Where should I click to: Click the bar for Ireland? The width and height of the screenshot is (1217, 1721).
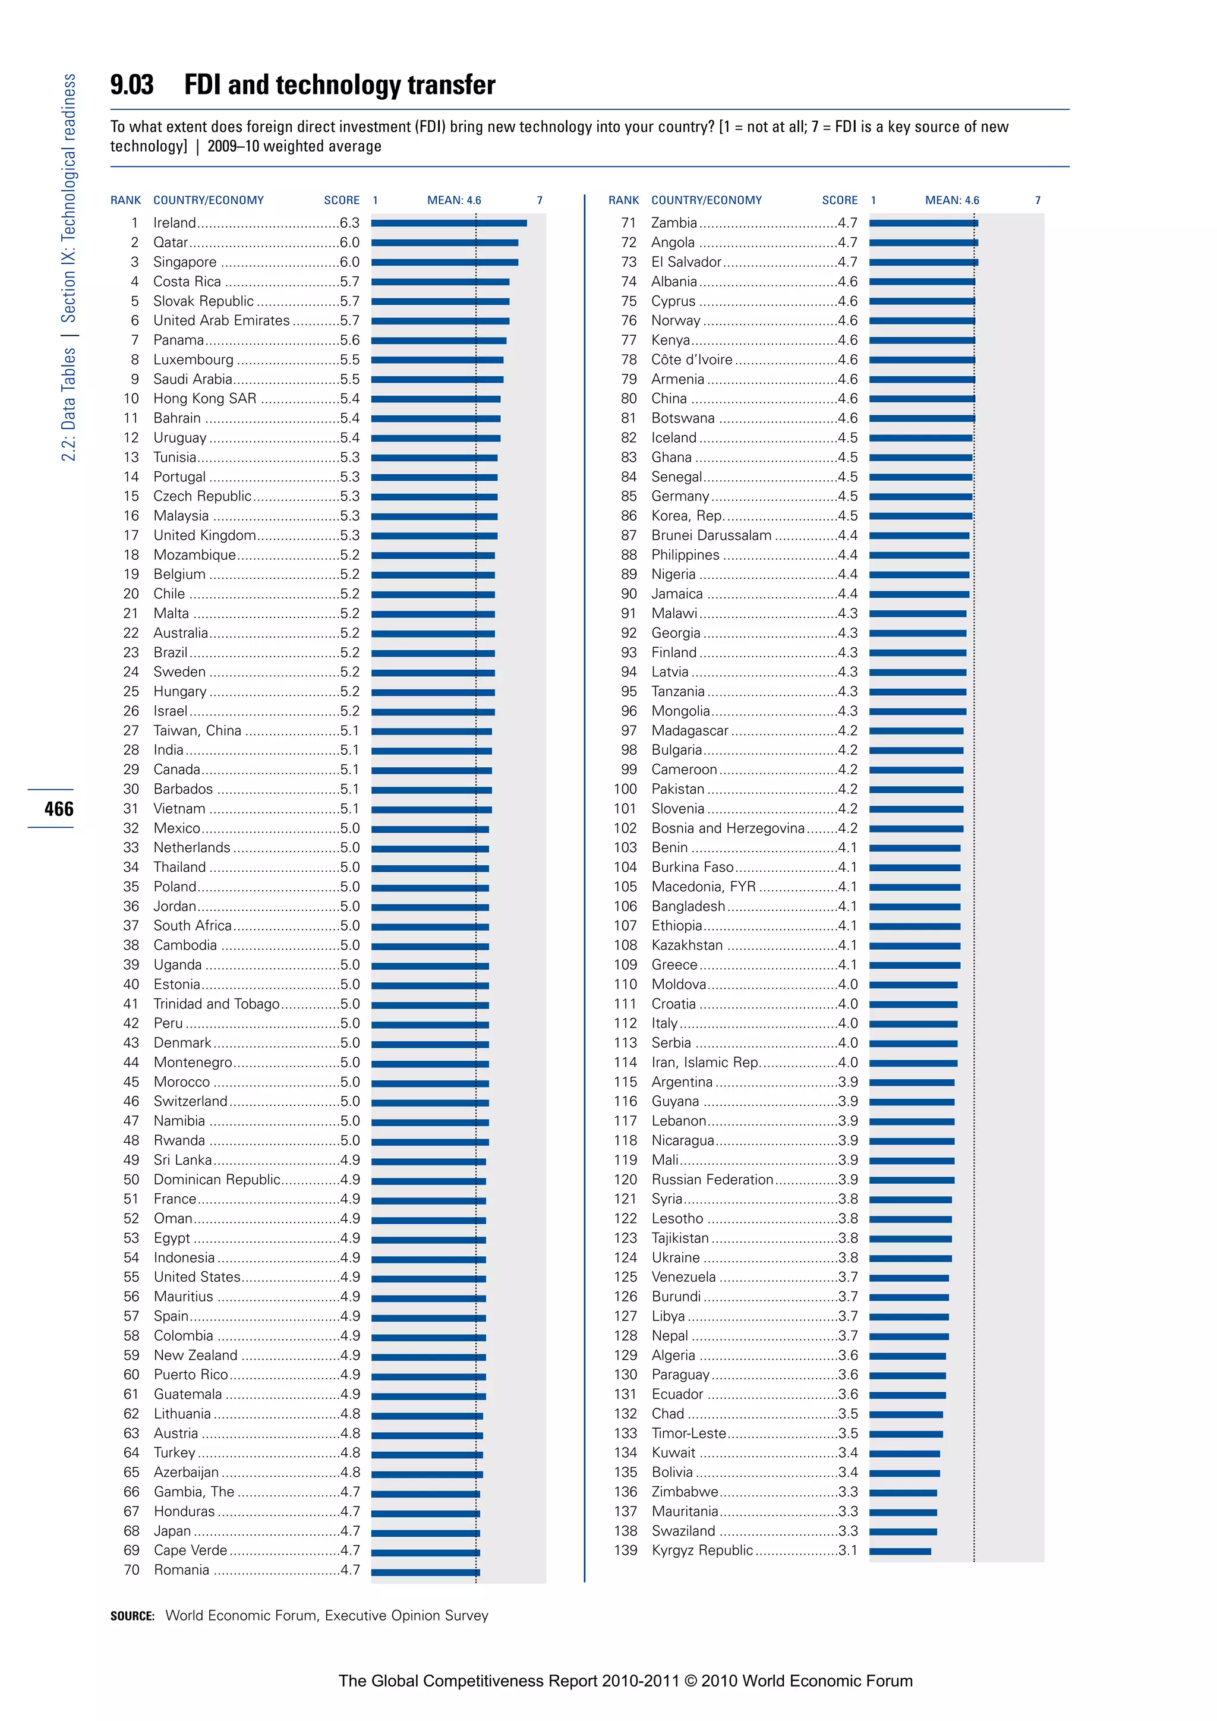click(x=448, y=223)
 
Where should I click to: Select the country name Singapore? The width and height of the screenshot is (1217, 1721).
click(x=184, y=261)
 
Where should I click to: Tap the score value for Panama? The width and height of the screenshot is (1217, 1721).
click(x=349, y=339)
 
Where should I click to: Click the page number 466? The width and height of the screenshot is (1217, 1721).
click(x=58, y=809)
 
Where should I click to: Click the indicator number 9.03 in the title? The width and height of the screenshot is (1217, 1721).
click(x=132, y=85)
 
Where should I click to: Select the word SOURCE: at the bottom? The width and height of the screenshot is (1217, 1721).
click(x=133, y=1616)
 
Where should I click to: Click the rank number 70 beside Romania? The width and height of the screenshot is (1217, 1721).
click(x=131, y=1569)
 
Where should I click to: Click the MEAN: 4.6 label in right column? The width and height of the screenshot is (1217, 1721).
click(x=952, y=200)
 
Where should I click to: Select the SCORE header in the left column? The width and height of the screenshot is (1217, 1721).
click(x=342, y=200)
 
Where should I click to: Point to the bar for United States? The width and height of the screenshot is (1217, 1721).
click(x=428, y=1279)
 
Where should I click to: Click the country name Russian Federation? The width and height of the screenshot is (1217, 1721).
click(x=712, y=1179)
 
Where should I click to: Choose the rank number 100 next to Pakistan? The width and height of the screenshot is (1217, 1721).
click(x=625, y=789)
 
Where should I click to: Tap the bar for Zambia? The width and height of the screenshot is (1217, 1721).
click(x=923, y=223)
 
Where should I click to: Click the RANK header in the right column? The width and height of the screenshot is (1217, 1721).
click(x=623, y=200)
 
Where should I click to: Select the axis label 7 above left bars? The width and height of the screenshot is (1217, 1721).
click(x=540, y=200)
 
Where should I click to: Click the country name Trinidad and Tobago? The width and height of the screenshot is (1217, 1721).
click(x=216, y=1004)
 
